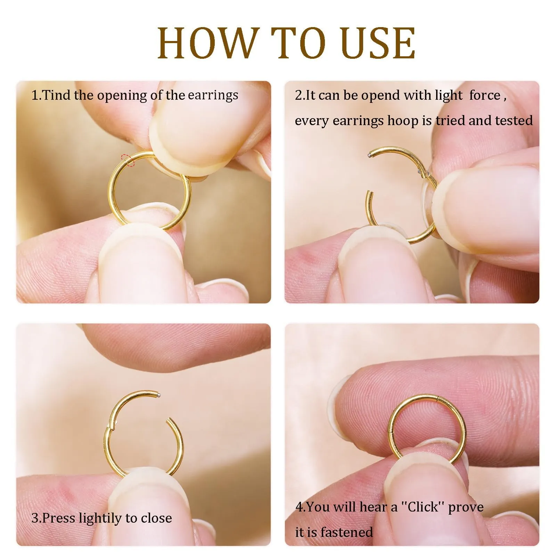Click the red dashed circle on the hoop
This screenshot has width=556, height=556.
127,160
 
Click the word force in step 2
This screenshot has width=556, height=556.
485,95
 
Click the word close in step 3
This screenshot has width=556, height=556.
156,518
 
